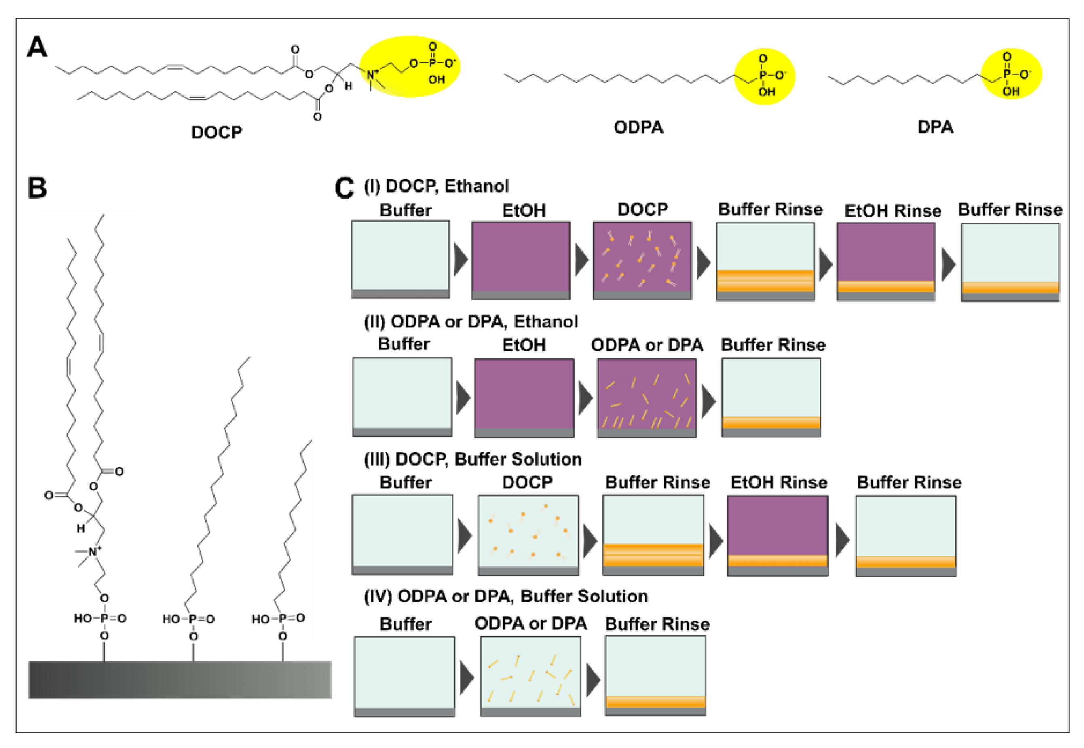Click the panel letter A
(37, 47)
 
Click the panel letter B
(38, 188)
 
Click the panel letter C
(344, 188)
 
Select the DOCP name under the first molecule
(217, 132)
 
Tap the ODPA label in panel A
(638, 127)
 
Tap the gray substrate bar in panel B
(180, 680)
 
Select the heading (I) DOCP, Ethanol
(436, 186)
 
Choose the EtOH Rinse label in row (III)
(779, 482)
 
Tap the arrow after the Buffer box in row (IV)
(467, 678)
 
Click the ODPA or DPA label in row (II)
(647, 345)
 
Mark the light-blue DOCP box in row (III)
(528, 532)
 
